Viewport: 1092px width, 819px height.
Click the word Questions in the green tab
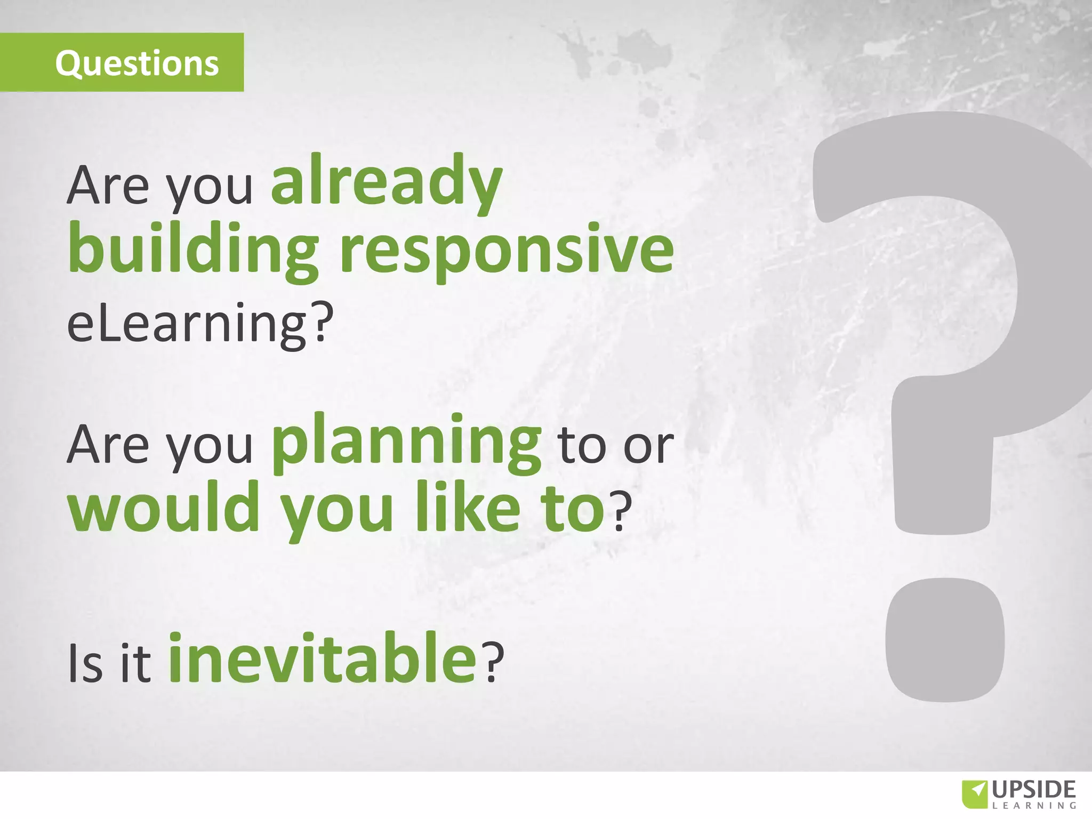pos(137,63)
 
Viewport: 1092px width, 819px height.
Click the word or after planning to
pos(648,447)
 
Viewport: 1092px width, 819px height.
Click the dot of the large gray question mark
pos(945,640)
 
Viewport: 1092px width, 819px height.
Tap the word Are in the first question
pos(107,186)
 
